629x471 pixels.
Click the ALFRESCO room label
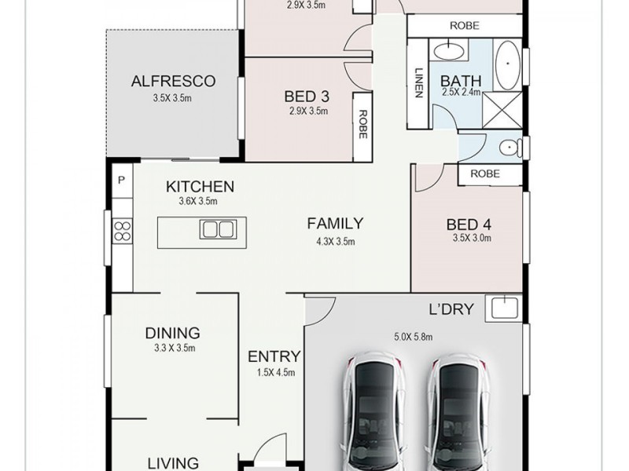click(x=173, y=81)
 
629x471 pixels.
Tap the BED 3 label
click(x=306, y=97)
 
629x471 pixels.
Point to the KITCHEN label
click(x=200, y=187)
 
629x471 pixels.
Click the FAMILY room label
click(x=335, y=223)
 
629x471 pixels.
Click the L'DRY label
click(x=451, y=309)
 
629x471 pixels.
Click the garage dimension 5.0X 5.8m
click(x=414, y=338)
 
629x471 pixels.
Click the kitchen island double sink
click(x=217, y=229)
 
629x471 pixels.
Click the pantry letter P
click(x=121, y=180)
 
